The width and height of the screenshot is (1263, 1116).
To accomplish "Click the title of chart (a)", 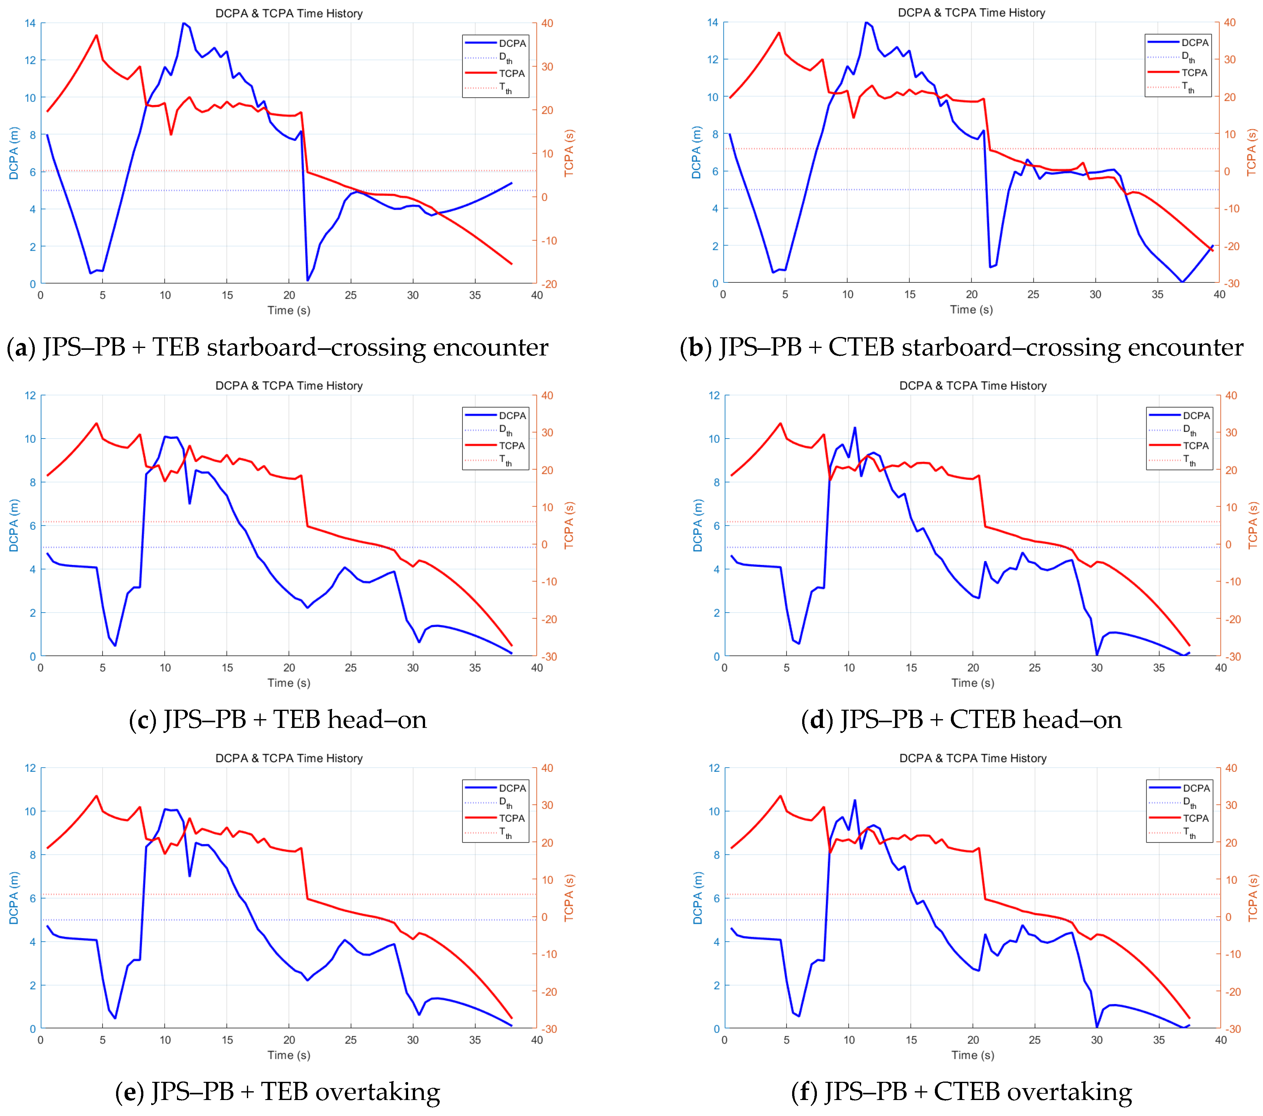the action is [x=289, y=13].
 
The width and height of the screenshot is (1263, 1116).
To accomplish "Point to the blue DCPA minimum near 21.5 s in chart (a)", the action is [x=308, y=280].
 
